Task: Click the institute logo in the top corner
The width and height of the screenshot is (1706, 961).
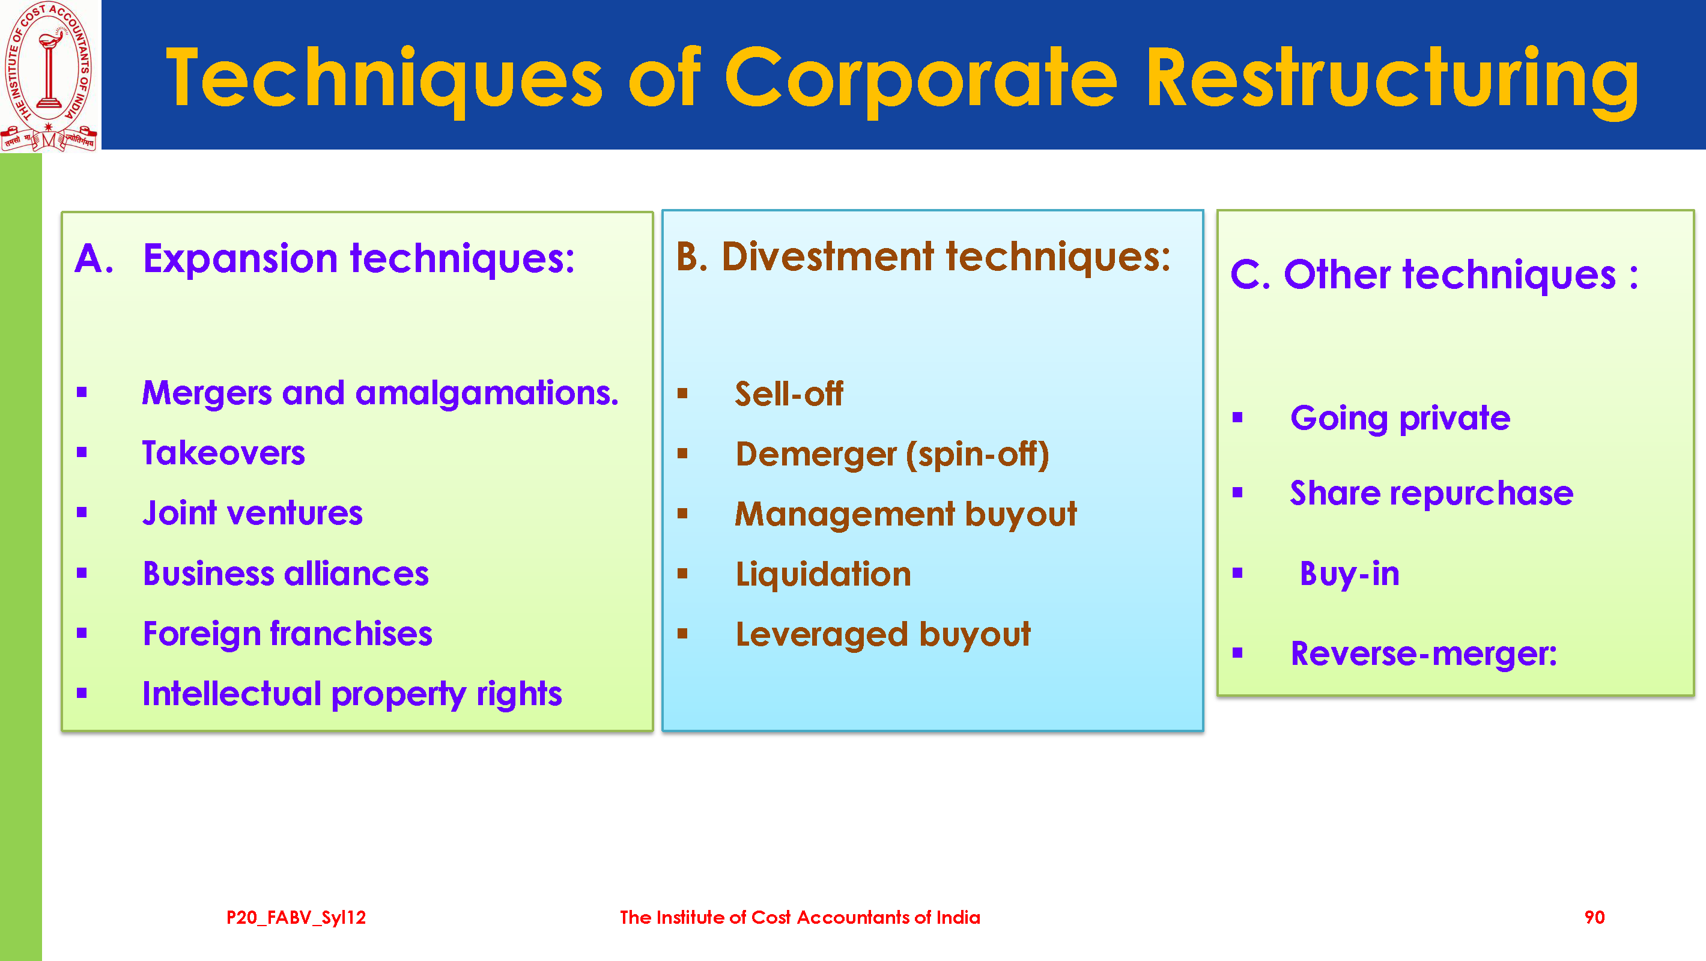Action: (x=49, y=76)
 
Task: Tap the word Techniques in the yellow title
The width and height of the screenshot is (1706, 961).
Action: (x=384, y=79)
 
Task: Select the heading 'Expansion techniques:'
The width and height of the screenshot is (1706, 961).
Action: (x=359, y=258)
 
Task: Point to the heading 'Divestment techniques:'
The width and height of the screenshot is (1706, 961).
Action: (x=946, y=257)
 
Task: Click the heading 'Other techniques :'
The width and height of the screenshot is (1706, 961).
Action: (x=1461, y=274)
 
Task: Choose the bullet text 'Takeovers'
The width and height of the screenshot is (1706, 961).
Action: (x=224, y=453)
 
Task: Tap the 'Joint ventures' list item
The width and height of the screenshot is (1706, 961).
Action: (x=252, y=514)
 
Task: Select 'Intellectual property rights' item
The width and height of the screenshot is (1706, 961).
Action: (x=353, y=695)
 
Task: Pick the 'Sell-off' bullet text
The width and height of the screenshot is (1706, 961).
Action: (x=789, y=394)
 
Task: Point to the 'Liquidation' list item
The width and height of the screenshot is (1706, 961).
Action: (x=823, y=574)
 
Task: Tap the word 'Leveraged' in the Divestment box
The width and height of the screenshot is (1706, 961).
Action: (x=822, y=635)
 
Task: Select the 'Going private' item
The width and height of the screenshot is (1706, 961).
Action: (x=1400, y=419)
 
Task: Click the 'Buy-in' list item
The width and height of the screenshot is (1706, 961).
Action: (x=1350, y=574)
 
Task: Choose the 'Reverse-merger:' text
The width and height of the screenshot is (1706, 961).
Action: (x=1424, y=654)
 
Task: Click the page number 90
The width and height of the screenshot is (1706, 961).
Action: (x=1594, y=917)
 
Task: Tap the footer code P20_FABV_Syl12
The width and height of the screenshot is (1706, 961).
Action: (x=296, y=918)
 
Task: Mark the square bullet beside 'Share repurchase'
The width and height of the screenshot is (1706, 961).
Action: (x=1237, y=492)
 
